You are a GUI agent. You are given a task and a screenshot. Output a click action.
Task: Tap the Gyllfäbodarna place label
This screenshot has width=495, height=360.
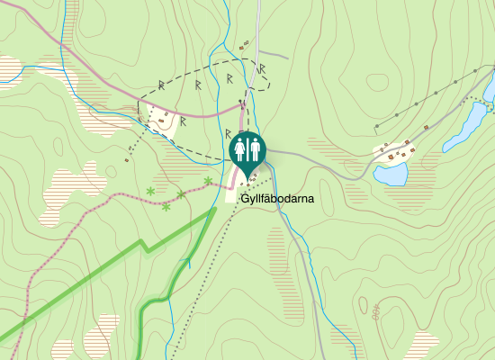click(277, 200)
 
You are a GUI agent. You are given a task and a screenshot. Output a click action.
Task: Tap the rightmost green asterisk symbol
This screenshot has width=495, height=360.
click(208, 182)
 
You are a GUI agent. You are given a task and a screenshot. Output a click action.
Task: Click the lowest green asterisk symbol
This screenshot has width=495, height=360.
click(166, 208)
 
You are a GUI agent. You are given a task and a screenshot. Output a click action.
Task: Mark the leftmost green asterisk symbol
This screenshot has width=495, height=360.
click(149, 191)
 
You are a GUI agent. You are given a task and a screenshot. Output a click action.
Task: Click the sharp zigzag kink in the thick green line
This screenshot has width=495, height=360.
click(144, 245)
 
